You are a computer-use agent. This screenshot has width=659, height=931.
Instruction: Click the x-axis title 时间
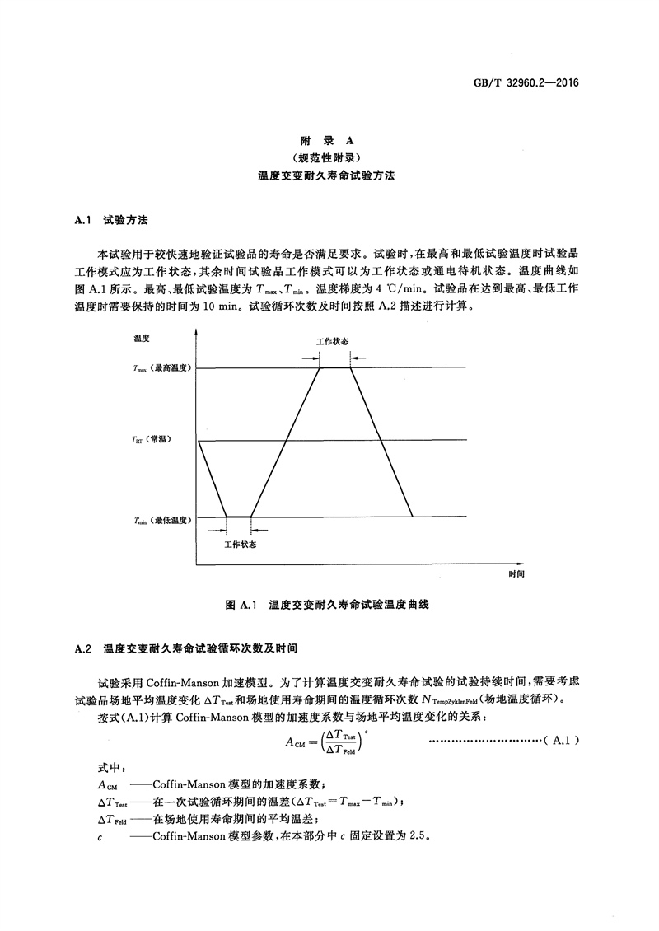pos(516,572)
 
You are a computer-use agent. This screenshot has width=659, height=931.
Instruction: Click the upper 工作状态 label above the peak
pos(334,340)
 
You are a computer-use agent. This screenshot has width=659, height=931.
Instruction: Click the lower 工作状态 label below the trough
pos(240,545)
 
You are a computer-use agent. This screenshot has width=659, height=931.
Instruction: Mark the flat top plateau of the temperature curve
pos(334,367)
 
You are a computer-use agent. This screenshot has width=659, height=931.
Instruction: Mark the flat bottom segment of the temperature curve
pos(239,517)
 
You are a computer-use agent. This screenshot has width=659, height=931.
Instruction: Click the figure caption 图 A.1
pos(242,604)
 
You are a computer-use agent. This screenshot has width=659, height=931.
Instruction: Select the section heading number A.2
pos(82,648)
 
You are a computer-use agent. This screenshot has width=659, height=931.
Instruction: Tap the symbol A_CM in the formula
pos(296,742)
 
